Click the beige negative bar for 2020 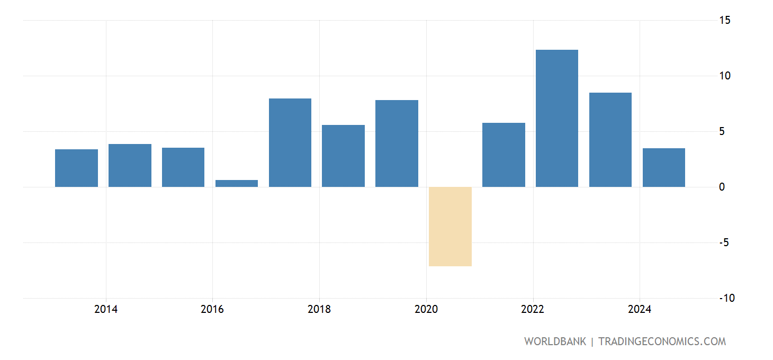(450, 227)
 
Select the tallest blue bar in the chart (557, 118)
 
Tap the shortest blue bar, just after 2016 (237, 183)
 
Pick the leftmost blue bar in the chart (76, 168)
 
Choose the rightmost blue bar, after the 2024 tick (664, 167)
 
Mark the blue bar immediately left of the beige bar (397, 143)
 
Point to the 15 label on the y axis (725, 20)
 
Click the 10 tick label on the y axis (725, 76)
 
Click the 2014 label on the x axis (106, 309)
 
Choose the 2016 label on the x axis (212, 309)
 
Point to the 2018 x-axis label (319, 309)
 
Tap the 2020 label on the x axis (426, 309)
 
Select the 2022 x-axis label (533, 309)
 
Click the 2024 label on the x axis (640, 309)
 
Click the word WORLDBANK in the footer (555, 341)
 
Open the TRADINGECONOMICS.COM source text (662, 341)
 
